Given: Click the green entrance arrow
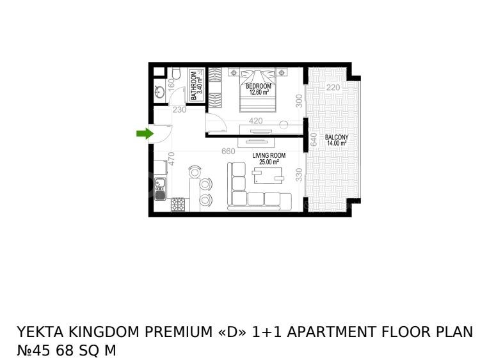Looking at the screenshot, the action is [x=145, y=134].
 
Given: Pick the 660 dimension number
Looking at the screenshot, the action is [x=228, y=152].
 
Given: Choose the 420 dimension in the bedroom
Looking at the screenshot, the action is [x=255, y=121].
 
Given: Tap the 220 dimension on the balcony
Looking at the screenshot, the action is [x=333, y=87].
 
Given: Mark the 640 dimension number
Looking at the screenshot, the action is [x=314, y=139].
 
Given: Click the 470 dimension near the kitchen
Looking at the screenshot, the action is [x=171, y=159].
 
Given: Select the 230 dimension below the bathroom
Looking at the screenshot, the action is [x=179, y=110].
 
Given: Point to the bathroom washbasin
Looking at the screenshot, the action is [x=159, y=92].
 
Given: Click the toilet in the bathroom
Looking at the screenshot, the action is [x=176, y=74].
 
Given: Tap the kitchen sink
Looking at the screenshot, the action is [x=161, y=188].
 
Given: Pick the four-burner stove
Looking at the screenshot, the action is [x=178, y=205].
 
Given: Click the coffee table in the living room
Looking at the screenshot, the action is [x=268, y=175].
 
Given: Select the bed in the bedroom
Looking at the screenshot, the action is [x=258, y=90].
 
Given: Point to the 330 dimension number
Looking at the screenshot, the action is [x=299, y=175].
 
